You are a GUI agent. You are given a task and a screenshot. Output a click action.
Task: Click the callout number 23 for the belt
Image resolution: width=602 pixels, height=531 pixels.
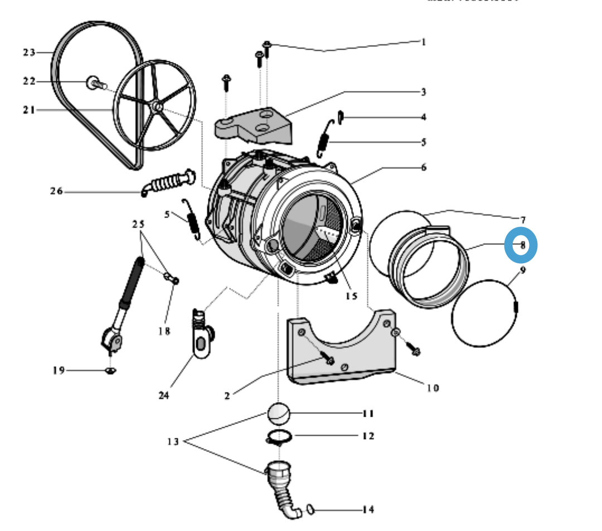[29, 52]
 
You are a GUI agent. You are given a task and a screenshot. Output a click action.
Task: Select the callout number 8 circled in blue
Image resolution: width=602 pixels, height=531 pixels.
[521, 245]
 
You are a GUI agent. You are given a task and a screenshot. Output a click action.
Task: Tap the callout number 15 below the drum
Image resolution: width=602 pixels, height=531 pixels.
[350, 296]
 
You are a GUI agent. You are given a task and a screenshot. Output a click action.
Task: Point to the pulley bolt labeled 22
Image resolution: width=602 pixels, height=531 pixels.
[93, 83]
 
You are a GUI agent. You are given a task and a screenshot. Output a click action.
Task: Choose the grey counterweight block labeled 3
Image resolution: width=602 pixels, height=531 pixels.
[254, 125]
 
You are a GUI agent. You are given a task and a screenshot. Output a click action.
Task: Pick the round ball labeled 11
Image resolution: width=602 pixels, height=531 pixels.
[279, 414]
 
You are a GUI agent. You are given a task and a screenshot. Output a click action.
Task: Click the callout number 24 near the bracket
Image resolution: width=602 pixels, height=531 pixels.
[163, 395]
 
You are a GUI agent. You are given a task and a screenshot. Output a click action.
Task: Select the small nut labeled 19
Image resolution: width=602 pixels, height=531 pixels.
[110, 371]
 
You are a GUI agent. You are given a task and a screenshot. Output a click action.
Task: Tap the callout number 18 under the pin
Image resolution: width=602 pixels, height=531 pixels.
[163, 331]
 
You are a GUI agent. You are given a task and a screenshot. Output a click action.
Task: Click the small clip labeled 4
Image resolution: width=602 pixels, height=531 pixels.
[340, 117]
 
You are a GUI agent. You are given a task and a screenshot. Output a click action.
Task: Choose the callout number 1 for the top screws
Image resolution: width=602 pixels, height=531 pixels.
[423, 42]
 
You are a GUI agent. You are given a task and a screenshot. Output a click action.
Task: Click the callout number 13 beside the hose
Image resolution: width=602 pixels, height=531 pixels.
[173, 442]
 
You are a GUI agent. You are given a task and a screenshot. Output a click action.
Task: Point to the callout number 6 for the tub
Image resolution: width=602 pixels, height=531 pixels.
[423, 167]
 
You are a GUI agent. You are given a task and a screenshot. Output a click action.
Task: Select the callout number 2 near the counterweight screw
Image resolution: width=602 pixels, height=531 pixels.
[227, 396]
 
